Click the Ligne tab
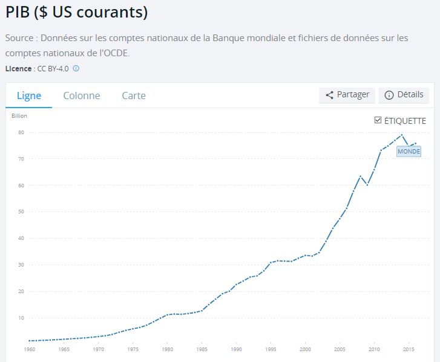(x=28, y=95)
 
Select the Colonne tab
(x=82, y=95)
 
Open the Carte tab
(x=134, y=95)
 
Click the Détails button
(x=404, y=95)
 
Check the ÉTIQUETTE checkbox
(x=378, y=120)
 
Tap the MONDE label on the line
(x=409, y=152)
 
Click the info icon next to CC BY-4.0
(x=76, y=68)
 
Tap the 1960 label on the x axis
(x=30, y=349)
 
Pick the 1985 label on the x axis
(x=202, y=349)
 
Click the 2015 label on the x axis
(x=409, y=349)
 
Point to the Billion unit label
(x=19, y=115)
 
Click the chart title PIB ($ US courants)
(x=77, y=12)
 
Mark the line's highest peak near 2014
(x=401, y=135)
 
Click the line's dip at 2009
(x=367, y=184)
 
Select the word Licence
(x=18, y=68)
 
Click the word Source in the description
(x=19, y=38)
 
